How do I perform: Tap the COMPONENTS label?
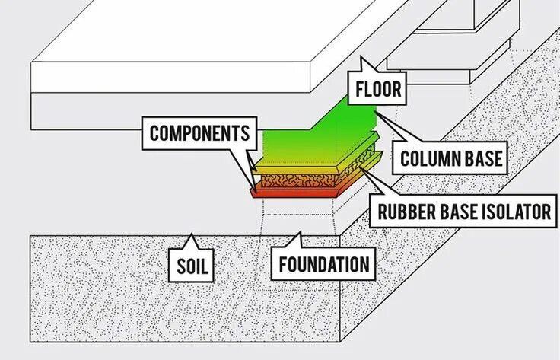click(199, 134)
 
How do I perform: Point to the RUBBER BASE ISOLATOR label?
click(464, 211)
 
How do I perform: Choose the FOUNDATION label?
click(323, 265)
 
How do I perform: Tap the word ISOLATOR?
click(517, 211)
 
